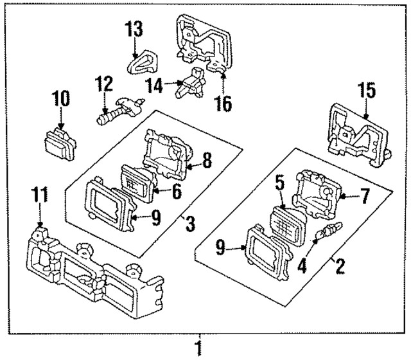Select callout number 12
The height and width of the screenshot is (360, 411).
click(x=103, y=84)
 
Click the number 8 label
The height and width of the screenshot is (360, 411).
click(x=207, y=163)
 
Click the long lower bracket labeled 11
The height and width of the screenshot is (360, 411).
click(x=90, y=270)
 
